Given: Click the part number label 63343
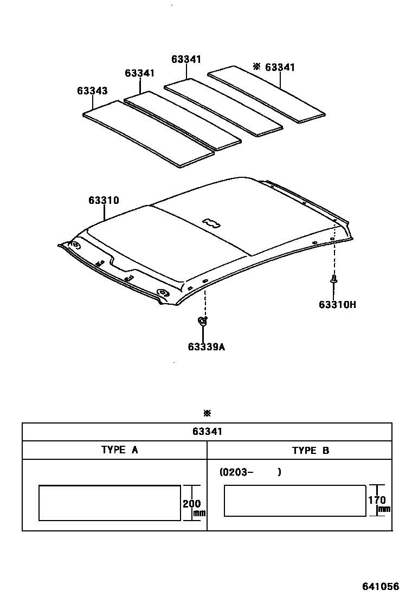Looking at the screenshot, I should pos(92,91).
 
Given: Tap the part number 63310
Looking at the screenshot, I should pos(104,201).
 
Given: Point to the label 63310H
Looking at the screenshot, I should pos(337,304).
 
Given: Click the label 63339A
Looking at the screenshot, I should pos(207,347).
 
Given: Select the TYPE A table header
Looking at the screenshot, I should pos(119,450).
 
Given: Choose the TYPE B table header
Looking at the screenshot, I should pos(310,450).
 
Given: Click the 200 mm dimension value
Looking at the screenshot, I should pos(191,504).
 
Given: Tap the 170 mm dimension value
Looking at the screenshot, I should pos(377,500).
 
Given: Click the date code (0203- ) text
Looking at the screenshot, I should pos(250,472).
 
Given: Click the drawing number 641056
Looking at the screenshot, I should pos(381,587).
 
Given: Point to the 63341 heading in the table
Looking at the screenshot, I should pos(207,432).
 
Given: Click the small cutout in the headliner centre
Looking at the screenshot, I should pos(211,221).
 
